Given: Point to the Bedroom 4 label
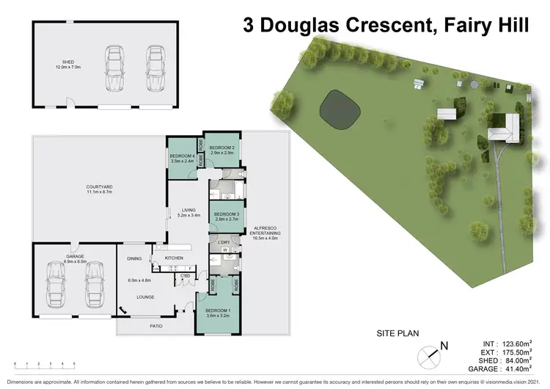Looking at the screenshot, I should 183,158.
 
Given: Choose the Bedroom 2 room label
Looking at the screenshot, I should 221,150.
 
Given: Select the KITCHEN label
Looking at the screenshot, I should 173,258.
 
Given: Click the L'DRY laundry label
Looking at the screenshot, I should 224,243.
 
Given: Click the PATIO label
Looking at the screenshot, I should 155,326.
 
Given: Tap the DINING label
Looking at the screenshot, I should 134,258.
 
